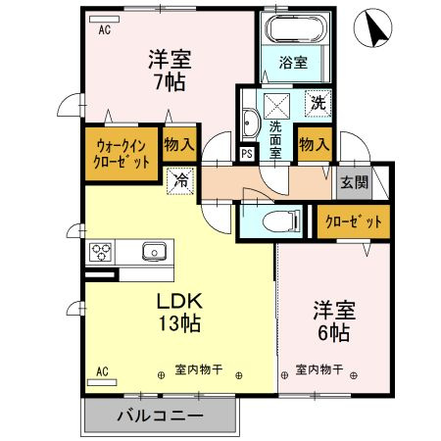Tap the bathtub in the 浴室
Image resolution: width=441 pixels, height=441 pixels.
click(x=296, y=28)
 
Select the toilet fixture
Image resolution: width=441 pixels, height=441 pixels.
click(x=281, y=220)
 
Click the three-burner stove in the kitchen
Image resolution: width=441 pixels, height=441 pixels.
click(x=101, y=252)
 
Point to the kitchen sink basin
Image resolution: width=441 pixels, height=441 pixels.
click(x=154, y=252)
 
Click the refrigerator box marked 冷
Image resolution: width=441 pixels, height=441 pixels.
click(x=180, y=181)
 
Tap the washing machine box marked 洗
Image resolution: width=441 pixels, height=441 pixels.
click(x=318, y=103)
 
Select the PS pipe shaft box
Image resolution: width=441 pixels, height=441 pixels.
click(x=247, y=154)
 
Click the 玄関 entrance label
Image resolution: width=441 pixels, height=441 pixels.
click(x=355, y=182)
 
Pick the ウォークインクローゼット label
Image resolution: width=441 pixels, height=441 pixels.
click(x=122, y=154)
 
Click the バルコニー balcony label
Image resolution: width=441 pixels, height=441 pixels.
click(x=161, y=416)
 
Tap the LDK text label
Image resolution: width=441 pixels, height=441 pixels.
click(x=179, y=301)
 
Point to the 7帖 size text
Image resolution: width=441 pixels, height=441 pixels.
click(x=171, y=81)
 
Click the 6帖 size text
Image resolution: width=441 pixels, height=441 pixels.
click(x=334, y=332)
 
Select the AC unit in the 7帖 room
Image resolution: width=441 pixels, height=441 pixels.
click(x=104, y=20)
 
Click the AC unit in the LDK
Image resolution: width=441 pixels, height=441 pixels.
click(x=102, y=382)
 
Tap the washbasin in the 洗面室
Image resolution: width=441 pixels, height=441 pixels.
click(x=251, y=123)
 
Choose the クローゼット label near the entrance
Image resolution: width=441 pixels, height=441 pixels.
click(x=354, y=221)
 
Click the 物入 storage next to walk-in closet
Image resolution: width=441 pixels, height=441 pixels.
click(x=179, y=144)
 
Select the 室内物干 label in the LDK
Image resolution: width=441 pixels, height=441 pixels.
click(x=199, y=370)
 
